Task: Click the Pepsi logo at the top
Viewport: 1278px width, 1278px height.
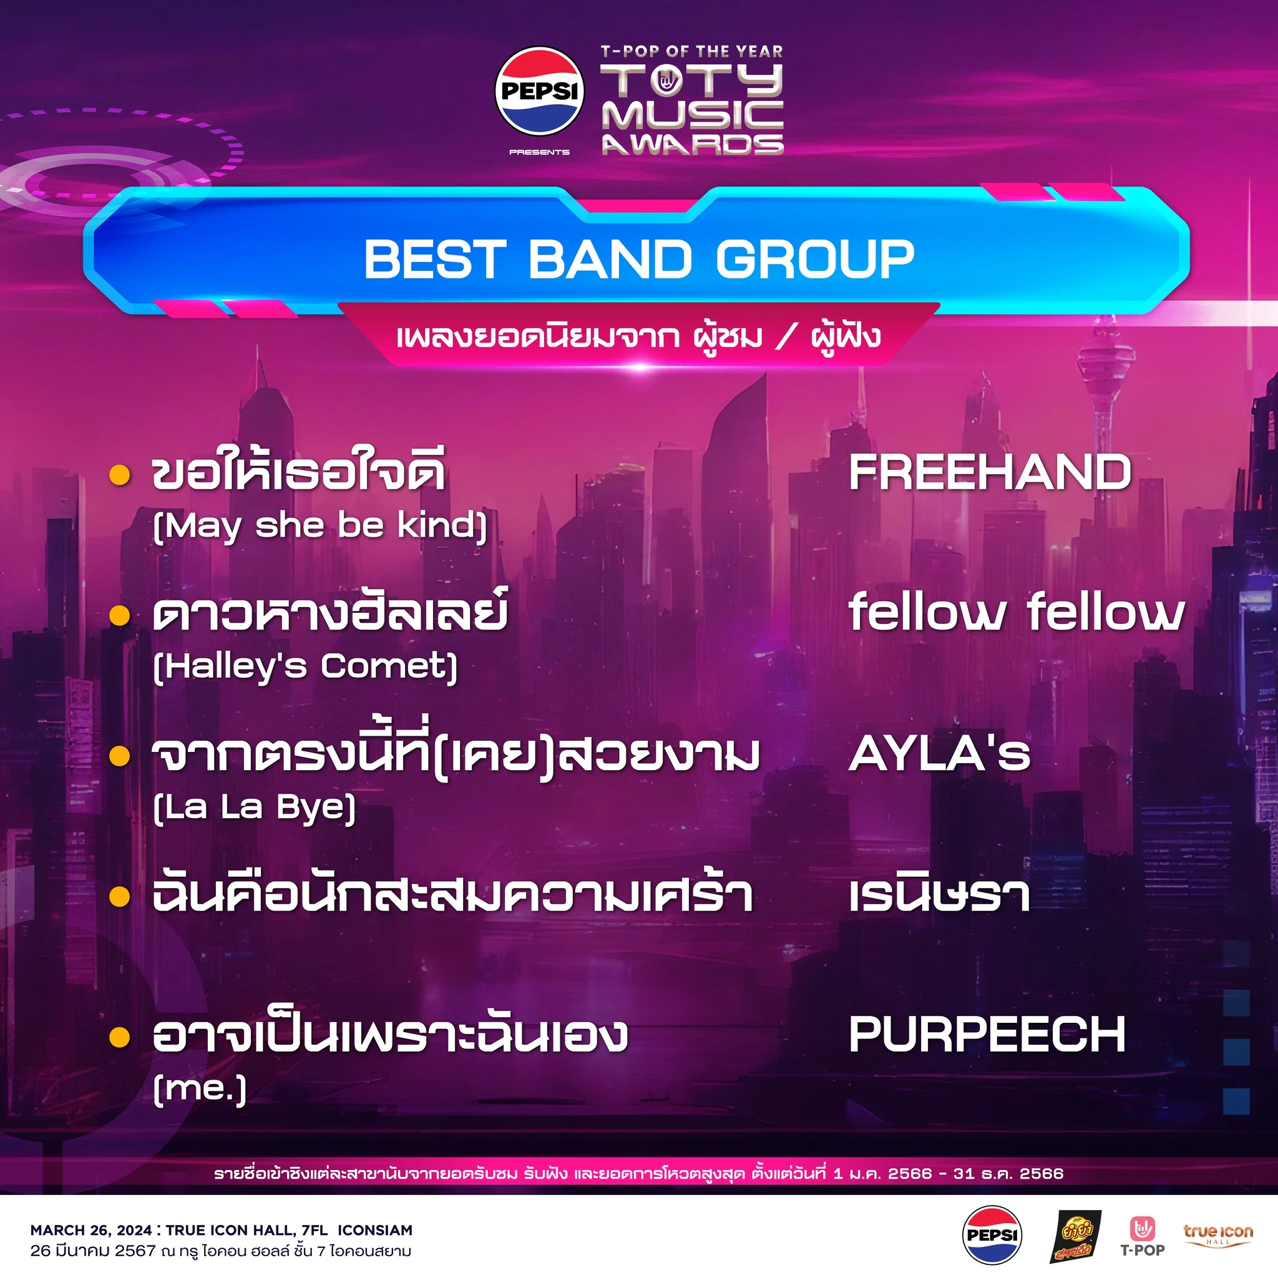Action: tap(539, 90)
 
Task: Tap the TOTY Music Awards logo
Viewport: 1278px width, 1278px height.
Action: tap(692, 100)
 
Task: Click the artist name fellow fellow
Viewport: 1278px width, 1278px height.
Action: tap(1016, 612)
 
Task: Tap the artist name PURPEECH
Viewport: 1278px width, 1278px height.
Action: tap(987, 1035)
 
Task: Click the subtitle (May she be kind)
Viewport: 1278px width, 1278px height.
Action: tap(320, 527)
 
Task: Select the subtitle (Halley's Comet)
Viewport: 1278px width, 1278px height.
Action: tap(305, 667)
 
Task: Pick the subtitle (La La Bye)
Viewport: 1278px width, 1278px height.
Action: tap(254, 808)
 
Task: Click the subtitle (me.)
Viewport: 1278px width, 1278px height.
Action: tap(199, 1089)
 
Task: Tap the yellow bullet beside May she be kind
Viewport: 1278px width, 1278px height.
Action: tap(120, 475)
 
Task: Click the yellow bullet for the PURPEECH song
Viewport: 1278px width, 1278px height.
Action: tap(120, 1037)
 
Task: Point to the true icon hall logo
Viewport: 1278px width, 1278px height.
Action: tap(1218, 1234)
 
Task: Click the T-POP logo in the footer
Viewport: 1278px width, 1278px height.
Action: tap(1143, 1236)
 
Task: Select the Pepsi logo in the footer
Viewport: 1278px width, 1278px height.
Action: tap(992, 1235)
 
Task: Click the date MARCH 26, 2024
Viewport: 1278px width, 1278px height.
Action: tap(91, 1231)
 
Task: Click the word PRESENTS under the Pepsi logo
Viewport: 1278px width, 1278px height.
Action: tap(539, 152)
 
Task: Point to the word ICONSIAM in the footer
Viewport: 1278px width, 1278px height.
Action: tap(375, 1231)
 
